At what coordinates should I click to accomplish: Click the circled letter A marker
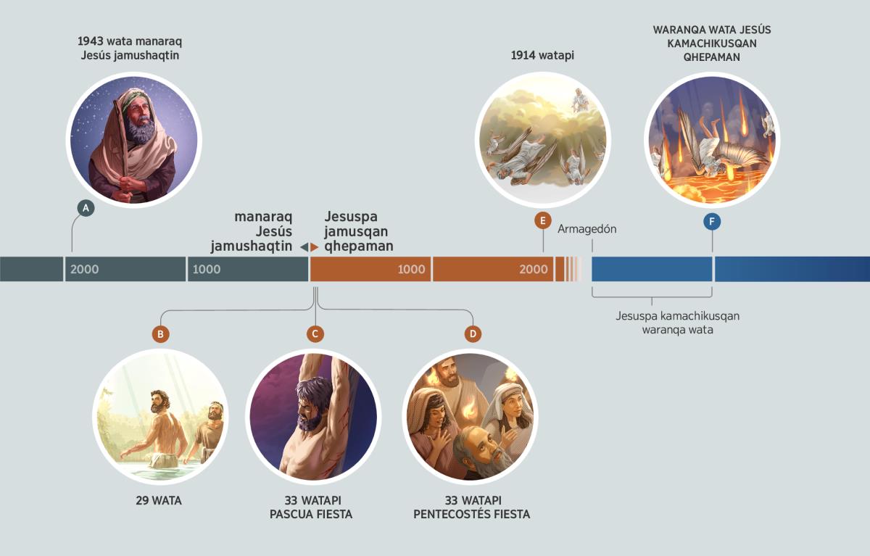click(x=86, y=208)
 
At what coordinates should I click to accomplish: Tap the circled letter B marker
click(x=160, y=334)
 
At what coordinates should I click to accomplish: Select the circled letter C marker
click(x=315, y=334)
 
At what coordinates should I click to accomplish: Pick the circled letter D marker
click(x=473, y=334)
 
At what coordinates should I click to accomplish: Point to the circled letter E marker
click(x=543, y=221)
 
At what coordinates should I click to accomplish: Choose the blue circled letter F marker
click(x=712, y=222)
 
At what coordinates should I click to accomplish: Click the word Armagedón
click(x=587, y=229)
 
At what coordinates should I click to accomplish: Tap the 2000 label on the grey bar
click(x=84, y=269)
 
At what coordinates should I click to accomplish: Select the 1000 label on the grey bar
click(x=206, y=269)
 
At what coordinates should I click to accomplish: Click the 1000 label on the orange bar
click(x=411, y=269)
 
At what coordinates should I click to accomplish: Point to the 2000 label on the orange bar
click(x=534, y=269)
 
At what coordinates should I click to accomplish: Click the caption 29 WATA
click(x=159, y=500)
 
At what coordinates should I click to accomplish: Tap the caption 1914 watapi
click(x=542, y=56)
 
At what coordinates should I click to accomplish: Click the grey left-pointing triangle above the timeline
click(x=304, y=247)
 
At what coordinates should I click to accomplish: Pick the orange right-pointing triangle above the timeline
click(x=314, y=247)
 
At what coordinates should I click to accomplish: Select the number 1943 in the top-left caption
click(x=90, y=41)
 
